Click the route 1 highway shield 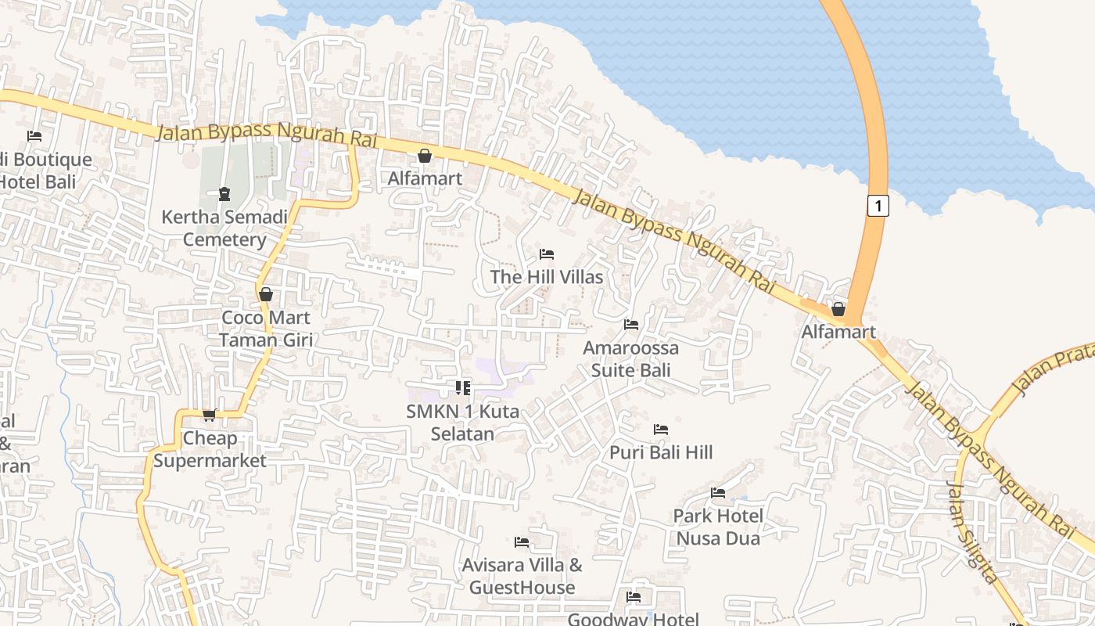[x=878, y=206]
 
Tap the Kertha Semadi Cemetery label [x=224, y=228]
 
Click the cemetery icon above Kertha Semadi [x=224, y=193]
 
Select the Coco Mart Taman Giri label [x=266, y=329]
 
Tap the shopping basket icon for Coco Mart [x=266, y=294]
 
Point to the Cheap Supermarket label [x=210, y=449]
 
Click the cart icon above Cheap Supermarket [x=209, y=415]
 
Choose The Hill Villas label [x=547, y=277]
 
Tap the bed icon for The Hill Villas [x=547, y=254]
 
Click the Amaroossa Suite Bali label [x=631, y=358]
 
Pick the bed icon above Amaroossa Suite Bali [x=631, y=325]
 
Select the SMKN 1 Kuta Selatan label [x=462, y=422]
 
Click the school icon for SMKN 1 [x=462, y=387]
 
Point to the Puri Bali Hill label [x=661, y=452]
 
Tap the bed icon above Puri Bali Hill [x=661, y=430]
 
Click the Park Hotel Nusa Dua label [x=718, y=527]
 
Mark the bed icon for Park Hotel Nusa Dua [x=718, y=493]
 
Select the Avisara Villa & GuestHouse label [x=522, y=576]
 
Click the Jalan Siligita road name [x=973, y=532]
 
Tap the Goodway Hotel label [x=634, y=619]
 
